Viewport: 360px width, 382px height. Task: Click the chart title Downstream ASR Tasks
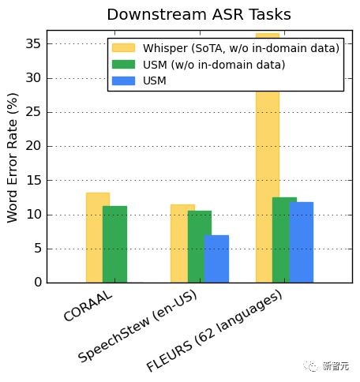click(199, 14)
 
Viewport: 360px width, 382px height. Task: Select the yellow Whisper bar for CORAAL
click(95, 238)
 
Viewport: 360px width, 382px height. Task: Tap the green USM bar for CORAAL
click(114, 245)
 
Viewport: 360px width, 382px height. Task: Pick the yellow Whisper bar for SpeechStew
click(179, 244)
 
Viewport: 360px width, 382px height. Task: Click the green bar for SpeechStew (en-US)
click(200, 247)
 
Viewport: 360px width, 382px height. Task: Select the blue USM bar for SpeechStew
click(216, 259)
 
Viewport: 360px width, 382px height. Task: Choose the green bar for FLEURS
click(284, 240)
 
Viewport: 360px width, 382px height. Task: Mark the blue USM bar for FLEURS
click(302, 242)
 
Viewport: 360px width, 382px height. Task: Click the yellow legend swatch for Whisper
click(124, 48)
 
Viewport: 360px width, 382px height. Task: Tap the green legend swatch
click(124, 65)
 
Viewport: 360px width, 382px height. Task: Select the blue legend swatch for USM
click(124, 81)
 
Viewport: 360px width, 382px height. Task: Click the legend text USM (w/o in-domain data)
click(214, 65)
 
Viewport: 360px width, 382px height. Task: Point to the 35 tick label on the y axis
click(33, 43)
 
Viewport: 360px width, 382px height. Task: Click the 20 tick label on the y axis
click(33, 146)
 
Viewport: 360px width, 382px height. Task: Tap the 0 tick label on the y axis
click(38, 283)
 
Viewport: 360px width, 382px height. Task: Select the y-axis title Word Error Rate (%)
click(13, 158)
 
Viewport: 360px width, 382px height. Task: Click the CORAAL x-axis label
click(88, 306)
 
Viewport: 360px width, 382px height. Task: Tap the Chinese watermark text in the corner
click(336, 366)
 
